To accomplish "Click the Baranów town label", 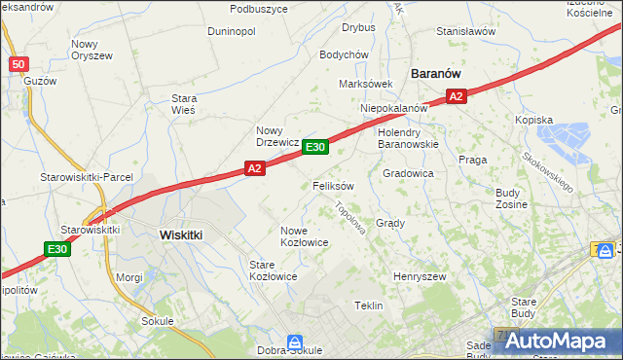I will point(435,73).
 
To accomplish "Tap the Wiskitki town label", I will point(180,234).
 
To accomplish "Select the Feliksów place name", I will point(333,185).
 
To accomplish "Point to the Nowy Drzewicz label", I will point(276,135).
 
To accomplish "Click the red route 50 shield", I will point(18,64).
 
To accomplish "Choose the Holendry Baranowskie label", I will point(408,137).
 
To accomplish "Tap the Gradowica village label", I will point(408,173).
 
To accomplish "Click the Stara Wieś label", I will point(184,104).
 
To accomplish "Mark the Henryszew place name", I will point(419,277).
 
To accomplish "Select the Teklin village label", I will point(369,306).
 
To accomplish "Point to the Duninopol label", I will point(231,31).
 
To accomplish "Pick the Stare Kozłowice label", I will point(273,270).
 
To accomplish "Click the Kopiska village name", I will point(533,120).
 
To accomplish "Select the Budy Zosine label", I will point(511,199).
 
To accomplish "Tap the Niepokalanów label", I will point(394,108).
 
